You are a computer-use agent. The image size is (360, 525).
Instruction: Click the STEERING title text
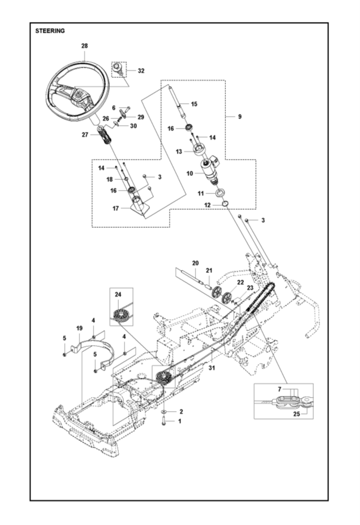50,30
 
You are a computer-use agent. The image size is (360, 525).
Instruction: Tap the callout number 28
84,45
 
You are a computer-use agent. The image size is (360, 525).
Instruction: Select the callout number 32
141,71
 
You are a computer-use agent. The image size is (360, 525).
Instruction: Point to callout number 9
239,117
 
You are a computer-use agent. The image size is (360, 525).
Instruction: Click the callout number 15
194,104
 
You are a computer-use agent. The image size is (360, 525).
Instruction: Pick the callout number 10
190,173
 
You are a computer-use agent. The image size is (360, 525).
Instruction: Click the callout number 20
195,263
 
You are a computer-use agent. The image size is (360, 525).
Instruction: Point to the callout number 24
118,294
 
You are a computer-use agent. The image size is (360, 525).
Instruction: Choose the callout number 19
79,327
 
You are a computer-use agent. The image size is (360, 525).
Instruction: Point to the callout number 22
240,282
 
